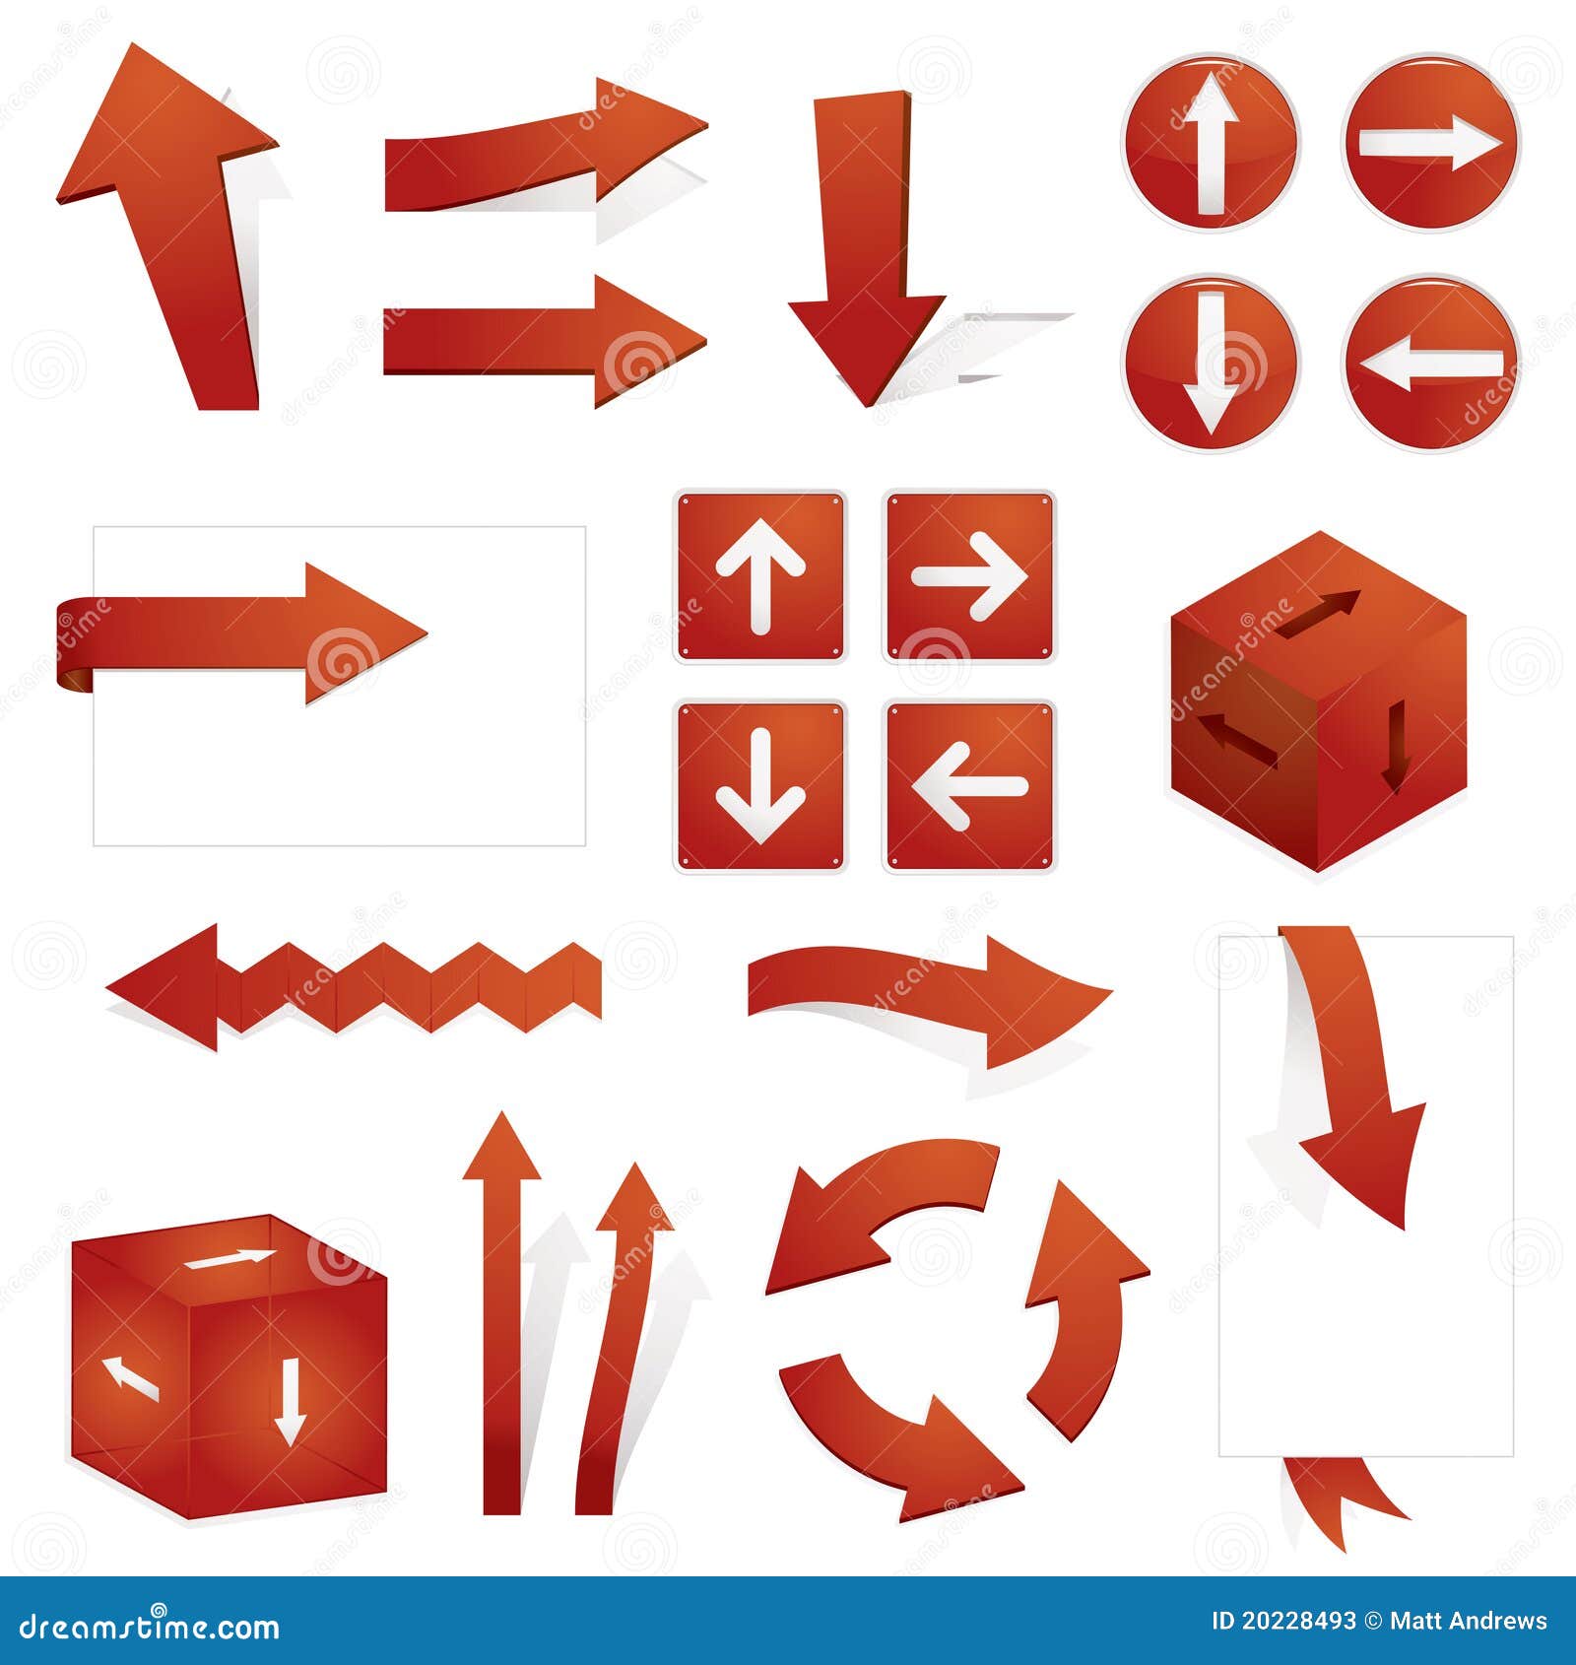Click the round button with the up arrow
tap(1211, 143)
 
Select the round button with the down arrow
tap(1211, 363)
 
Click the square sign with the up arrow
tap(759, 576)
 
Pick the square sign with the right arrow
tap(969, 576)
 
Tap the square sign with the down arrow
tap(759, 786)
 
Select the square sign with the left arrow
tap(969, 786)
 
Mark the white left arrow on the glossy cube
tap(130, 1377)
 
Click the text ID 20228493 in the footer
tap(1282, 1621)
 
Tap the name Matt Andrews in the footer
tap(1469, 1621)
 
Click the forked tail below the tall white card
tap(1340, 1502)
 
